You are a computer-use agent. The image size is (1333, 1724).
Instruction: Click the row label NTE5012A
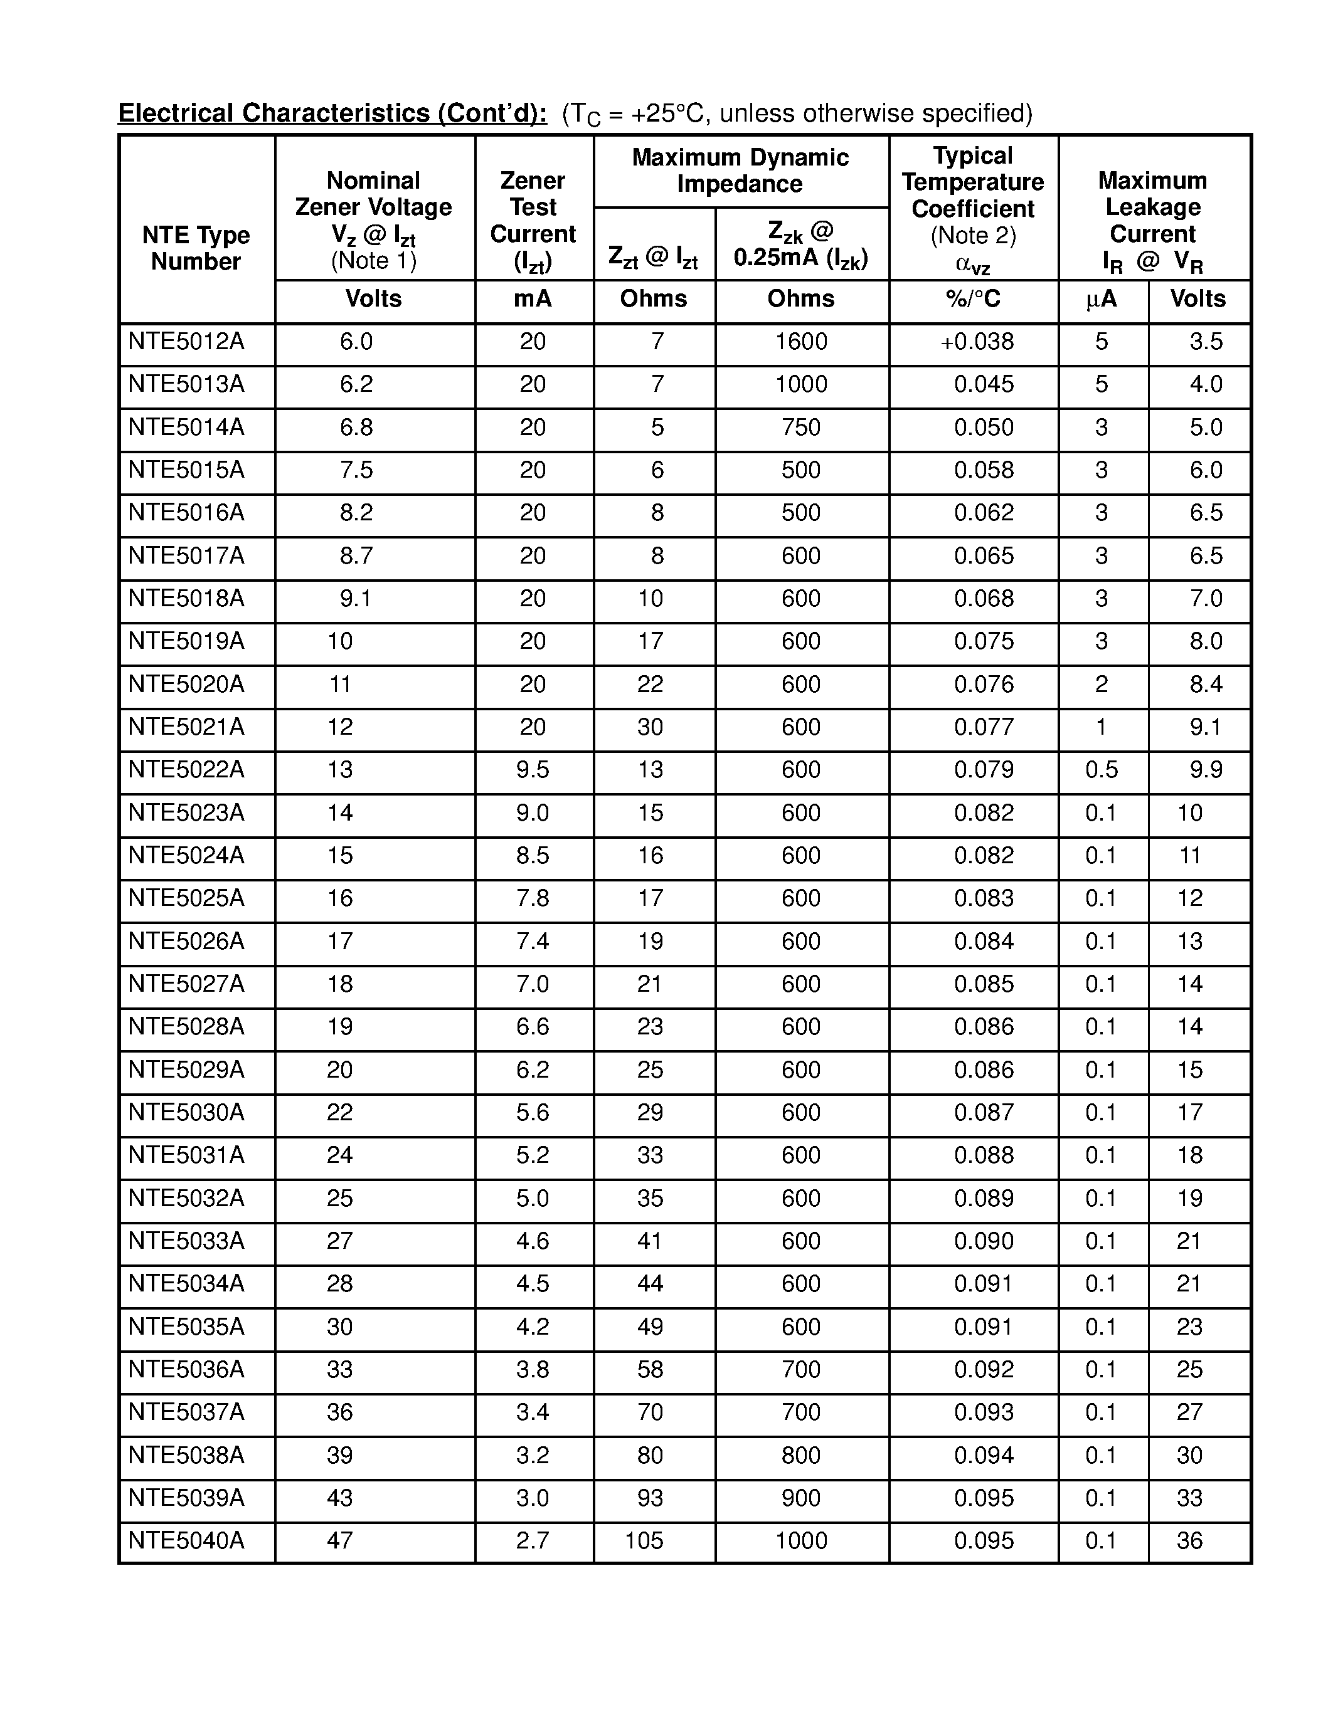tap(186, 342)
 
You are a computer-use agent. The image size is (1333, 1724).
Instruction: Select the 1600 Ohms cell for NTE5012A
tap(801, 342)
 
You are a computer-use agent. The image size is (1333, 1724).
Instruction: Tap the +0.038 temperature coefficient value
tap(977, 342)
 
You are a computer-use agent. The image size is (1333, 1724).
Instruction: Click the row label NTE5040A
tap(186, 1540)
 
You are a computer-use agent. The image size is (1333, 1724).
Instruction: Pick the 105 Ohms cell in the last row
tap(644, 1540)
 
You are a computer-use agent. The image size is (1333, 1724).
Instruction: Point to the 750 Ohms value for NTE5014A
tap(801, 427)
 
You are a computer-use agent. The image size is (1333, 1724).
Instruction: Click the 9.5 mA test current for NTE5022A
tap(532, 770)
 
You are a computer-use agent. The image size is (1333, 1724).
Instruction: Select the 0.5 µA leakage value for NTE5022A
tap(1101, 770)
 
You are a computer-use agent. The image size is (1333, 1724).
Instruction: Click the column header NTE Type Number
tap(196, 248)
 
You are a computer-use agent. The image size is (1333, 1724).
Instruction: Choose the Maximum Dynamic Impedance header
tap(740, 171)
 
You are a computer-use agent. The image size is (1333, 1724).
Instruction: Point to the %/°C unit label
tap(973, 299)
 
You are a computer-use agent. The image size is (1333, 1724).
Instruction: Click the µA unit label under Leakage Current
tap(1101, 299)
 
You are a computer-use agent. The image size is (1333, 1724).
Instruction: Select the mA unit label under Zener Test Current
tap(532, 299)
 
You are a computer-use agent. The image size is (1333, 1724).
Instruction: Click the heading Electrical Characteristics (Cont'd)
tap(332, 113)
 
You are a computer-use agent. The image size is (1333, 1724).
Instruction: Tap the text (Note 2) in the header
tap(973, 235)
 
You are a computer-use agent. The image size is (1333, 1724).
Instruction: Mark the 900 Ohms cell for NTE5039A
tap(801, 1498)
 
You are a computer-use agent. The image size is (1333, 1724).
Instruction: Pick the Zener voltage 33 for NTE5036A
tap(339, 1370)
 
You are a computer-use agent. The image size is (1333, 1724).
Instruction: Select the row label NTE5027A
tap(186, 984)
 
